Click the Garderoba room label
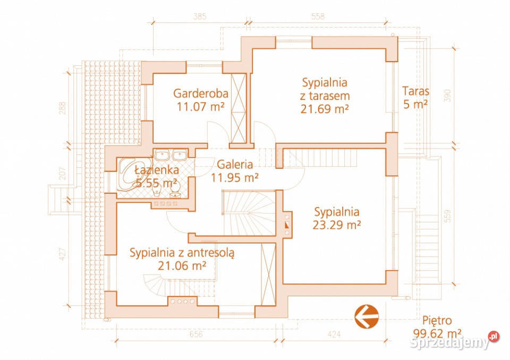click(x=200, y=93)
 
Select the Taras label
click(x=415, y=91)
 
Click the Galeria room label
click(x=234, y=165)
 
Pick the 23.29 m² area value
click(x=337, y=224)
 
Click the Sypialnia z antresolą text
click(x=182, y=253)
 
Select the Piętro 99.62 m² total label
click(x=437, y=327)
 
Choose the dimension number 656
click(x=196, y=334)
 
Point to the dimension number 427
click(x=63, y=254)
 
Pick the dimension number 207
click(x=63, y=173)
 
